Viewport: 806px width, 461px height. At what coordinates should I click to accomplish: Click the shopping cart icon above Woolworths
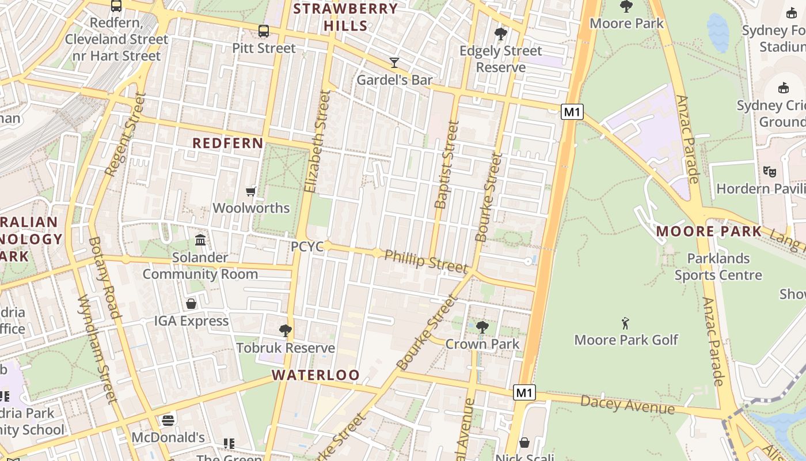click(x=251, y=191)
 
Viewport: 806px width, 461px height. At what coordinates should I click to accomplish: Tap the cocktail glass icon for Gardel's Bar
click(x=394, y=62)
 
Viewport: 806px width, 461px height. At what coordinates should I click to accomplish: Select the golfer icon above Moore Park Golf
click(x=626, y=323)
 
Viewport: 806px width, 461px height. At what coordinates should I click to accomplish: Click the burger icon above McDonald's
click(x=168, y=420)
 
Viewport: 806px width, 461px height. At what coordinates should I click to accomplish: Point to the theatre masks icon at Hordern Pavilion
click(x=769, y=171)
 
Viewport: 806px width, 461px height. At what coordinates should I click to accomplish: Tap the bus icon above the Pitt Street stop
click(x=264, y=31)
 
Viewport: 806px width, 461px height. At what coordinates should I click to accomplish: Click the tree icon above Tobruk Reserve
click(x=285, y=331)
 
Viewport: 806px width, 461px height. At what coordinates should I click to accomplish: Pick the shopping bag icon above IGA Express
click(x=191, y=304)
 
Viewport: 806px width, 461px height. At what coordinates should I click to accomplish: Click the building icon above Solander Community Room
click(x=200, y=240)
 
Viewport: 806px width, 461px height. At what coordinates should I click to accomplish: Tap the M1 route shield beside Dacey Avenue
click(x=524, y=393)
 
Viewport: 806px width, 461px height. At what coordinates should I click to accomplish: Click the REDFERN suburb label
click(x=227, y=143)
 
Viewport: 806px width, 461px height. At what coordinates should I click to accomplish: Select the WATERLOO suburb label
click(x=315, y=375)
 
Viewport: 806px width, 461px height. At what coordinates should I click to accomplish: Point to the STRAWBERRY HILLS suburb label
click(x=345, y=17)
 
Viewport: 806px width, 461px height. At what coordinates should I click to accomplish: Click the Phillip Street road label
click(x=425, y=262)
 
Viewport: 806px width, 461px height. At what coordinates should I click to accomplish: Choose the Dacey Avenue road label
click(x=627, y=405)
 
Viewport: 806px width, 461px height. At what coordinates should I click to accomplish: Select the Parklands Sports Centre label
click(x=718, y=267)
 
